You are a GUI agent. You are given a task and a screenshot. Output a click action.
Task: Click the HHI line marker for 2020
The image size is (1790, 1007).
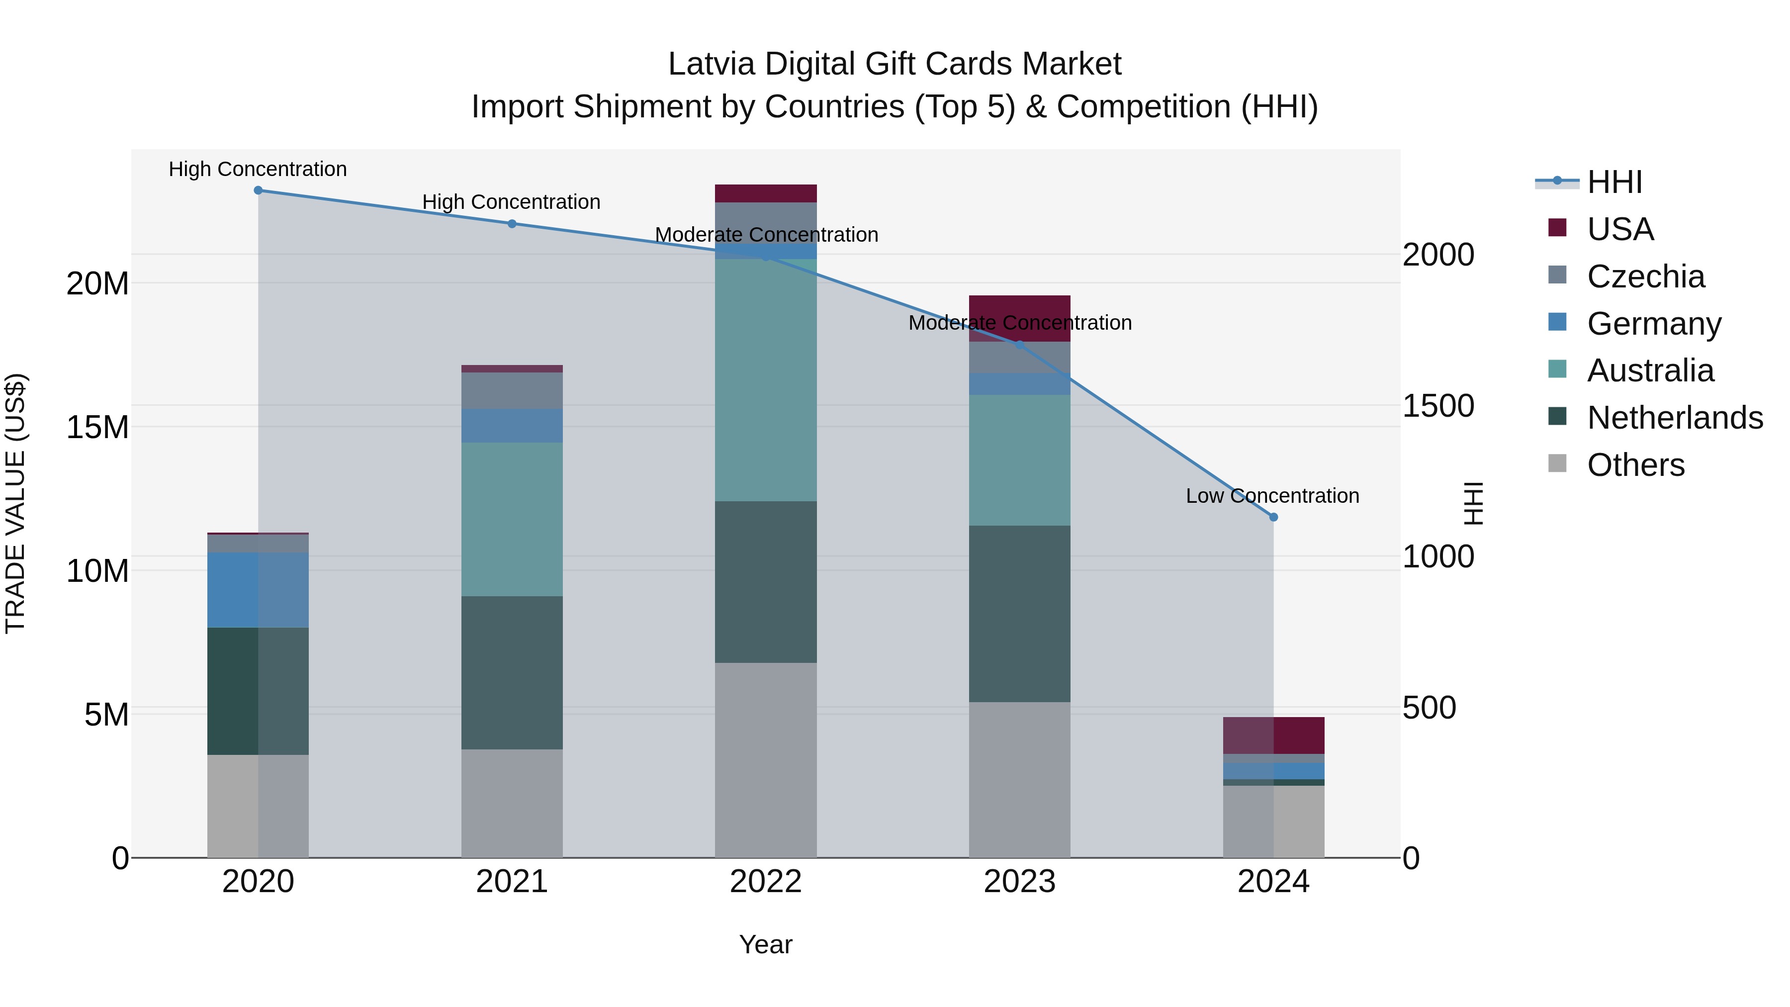click(x=258, y=190)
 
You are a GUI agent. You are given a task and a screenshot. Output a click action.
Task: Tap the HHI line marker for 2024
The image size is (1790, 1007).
click(x=1273, y=517)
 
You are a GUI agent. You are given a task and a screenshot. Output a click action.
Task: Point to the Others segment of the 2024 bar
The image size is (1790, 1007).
click(x=1273, y=822)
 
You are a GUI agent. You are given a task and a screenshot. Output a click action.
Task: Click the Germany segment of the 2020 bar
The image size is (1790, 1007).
click(x=258, y=590)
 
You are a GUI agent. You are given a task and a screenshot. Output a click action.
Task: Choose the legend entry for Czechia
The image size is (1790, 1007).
click(x=1645, y=276)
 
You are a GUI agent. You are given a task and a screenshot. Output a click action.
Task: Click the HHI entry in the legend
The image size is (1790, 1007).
click(x=1614, y=182)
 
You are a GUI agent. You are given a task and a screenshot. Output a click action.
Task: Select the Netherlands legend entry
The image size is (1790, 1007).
click(x=1674, y=418)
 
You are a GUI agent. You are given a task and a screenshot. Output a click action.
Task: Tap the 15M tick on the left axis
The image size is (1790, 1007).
click(x=97, y=427)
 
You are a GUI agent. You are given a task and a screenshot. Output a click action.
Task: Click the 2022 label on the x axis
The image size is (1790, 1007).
click(x=766, y=882)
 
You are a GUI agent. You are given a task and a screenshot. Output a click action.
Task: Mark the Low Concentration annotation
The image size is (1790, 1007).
click(x=1272, y=495)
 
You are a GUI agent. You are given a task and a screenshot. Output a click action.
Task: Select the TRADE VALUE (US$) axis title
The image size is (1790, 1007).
click(x=15, y=503)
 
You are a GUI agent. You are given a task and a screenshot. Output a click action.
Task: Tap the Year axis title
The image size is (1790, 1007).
click(x=766, y=944)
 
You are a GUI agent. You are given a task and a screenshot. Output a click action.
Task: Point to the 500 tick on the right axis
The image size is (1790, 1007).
click(x=1429, y=708)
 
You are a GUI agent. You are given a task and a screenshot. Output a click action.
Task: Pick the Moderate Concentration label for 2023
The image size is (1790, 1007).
click(x=1019, y=322)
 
